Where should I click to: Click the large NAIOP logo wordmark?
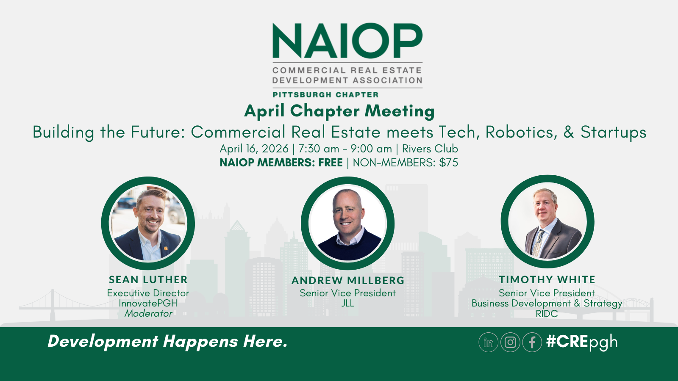pyautogui.click(x=347, y=41)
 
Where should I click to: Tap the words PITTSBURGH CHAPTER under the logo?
pyautogui.click(x=325, y=95)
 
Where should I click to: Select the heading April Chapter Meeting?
pyautogui.click(x=339, y=111)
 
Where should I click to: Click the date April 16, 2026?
pyautogui.click(x=254, y=149)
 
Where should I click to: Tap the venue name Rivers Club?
pyautogui.click(x=430, y=149)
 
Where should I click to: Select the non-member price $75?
pyautogui.click(x=448, y=163)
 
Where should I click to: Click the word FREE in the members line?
pyautogui.click(x=331, y=163)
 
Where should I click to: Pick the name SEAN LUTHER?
pyautogui.click(x=148, y=280)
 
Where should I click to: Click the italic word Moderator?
pyautogui.click(x=148, y=314)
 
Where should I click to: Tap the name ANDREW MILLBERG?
pyautogui.click(x=347, y=281)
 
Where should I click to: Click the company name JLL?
pyautogui.click(x=347, y=304)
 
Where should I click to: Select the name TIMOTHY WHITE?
pyautogui.click(x=547, y=280)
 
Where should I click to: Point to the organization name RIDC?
pyautogui.click(x=547, y=314)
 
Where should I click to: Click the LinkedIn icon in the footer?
pyautogui.click(x=488, y=342)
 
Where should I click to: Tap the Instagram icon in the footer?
pyautogui.click(x=510, y=342)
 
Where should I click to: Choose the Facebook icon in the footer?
pyautogui.click(x=532, y=342)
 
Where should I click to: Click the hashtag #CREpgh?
pyautogui.click(x=582, y=342)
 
